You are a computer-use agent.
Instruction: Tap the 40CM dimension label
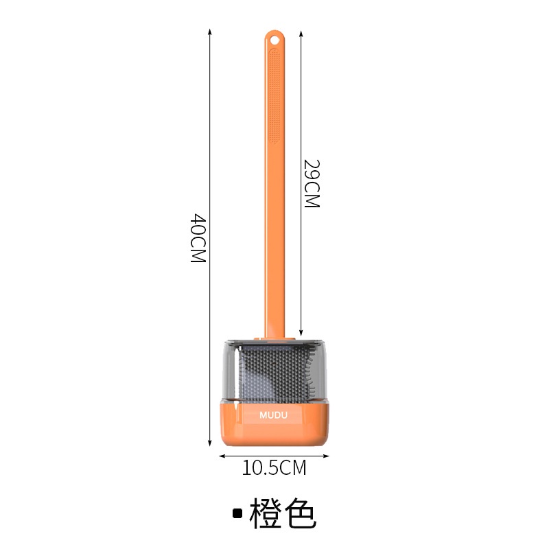coord(198,238)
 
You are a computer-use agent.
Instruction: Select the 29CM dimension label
coord(312,184)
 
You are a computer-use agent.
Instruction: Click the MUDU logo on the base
coord(273,415)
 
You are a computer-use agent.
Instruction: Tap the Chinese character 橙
coord(266,513)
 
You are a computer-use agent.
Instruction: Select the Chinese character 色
coord(299,513)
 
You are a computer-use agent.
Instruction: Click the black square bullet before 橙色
coord(237,513)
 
